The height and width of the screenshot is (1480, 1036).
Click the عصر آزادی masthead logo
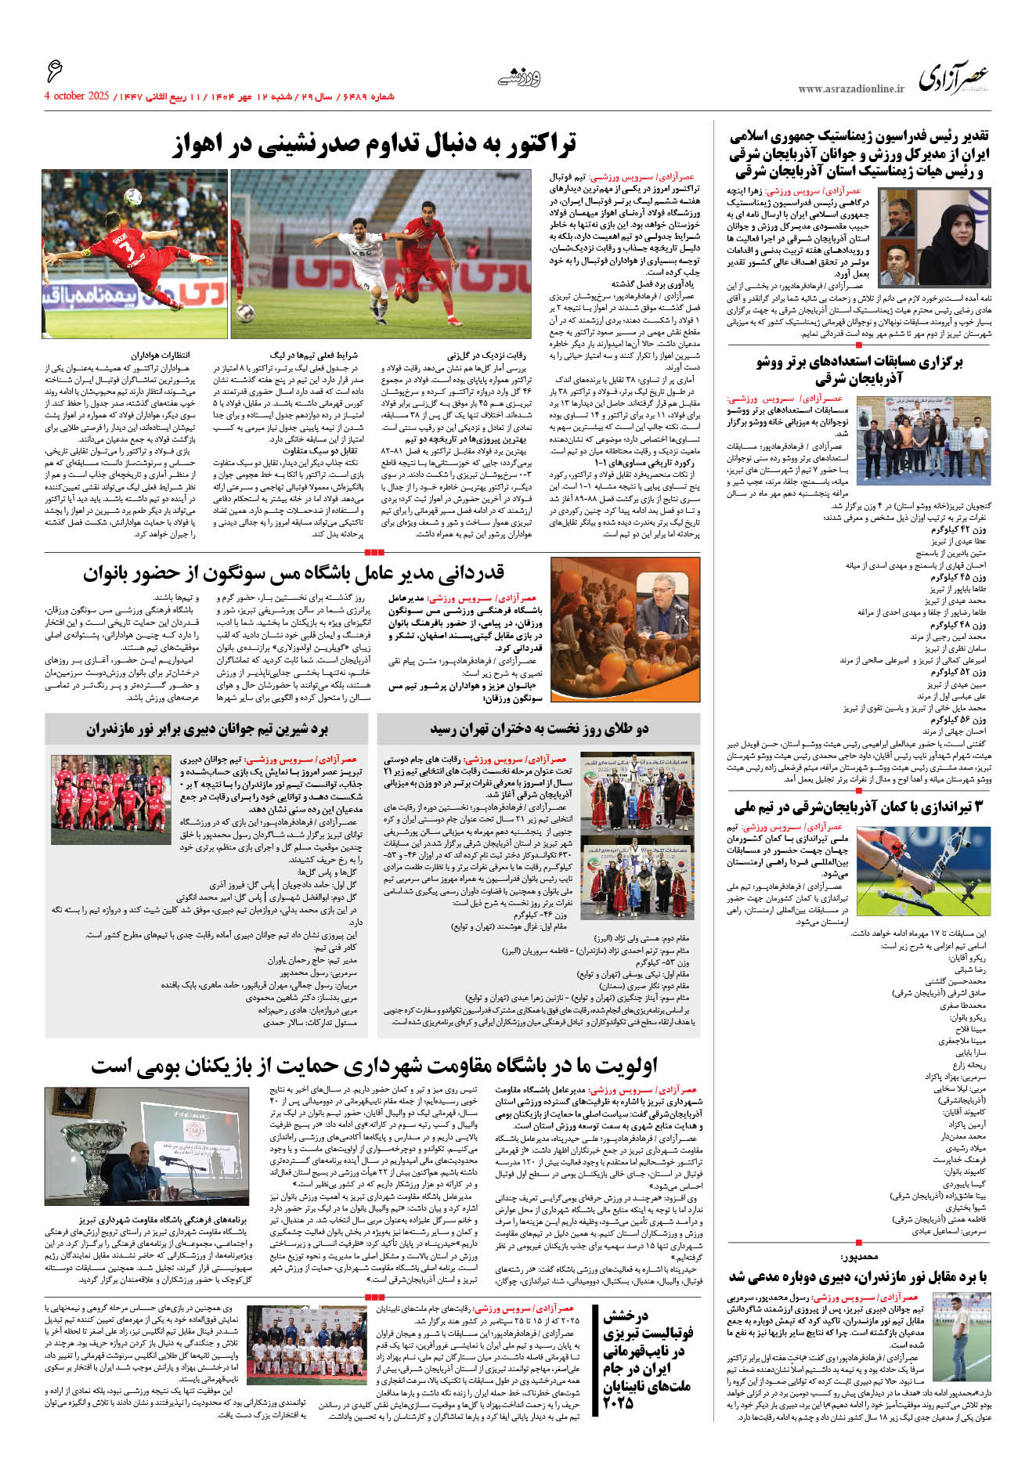tap(954, 78)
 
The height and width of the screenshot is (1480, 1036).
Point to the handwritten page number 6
tap(54, 71)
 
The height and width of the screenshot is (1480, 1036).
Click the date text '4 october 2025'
tap(76, 96)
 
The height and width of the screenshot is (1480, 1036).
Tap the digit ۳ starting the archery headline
tap(977, 807)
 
